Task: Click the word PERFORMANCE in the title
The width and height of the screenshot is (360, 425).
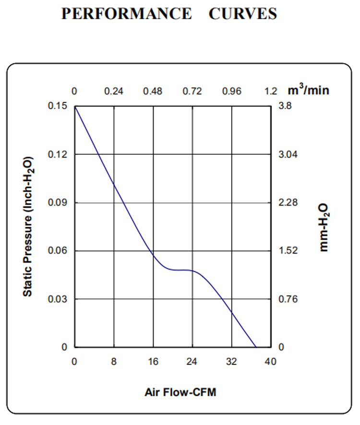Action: (126, 14)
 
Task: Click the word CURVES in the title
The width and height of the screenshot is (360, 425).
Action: (243, 14)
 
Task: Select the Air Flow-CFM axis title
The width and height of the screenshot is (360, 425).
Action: (180, 392)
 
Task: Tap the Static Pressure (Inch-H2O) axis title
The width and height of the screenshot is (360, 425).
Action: (29, 226)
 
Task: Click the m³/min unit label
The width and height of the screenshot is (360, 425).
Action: (309, 90)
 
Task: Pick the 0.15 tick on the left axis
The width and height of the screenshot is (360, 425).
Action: (58, 106)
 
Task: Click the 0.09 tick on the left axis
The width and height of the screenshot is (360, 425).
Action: (58, 202)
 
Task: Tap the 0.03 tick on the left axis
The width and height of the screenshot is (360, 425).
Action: (58, 299)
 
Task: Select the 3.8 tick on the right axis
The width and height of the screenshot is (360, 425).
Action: (285, 106)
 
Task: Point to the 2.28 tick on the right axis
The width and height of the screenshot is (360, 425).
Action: (289, 202)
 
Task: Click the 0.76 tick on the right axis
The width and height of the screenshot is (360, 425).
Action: (289, 299)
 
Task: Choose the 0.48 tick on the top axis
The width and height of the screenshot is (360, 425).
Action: (153, 91)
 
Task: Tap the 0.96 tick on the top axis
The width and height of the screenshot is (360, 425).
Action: (232, 91)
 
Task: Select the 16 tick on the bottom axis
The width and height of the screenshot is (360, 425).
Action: (153, 362)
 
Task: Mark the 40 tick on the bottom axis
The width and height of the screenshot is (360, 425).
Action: (271, 362)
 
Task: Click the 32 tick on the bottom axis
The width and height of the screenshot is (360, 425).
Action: (232, 362)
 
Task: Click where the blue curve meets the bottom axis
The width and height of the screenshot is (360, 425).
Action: (256, 347)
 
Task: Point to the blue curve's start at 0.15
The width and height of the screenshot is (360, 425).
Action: (75, 106)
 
